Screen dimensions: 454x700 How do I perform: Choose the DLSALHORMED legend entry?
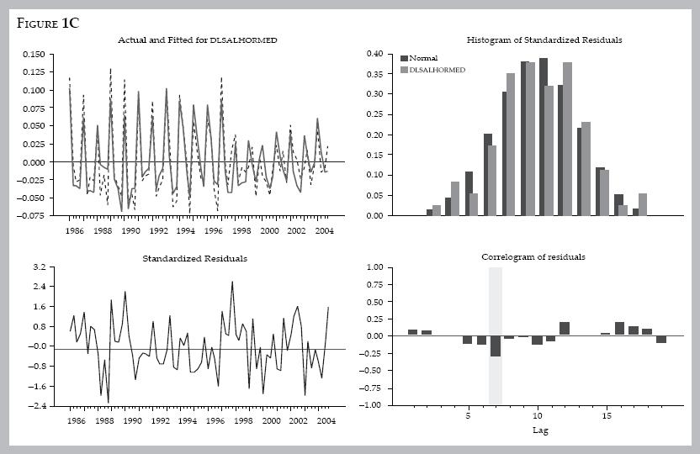coord(437,70)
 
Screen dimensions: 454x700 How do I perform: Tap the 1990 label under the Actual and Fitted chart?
coord(130,230)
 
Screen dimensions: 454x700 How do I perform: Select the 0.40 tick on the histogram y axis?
coord(375,55)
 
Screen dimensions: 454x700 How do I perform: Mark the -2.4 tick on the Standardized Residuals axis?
coord(36,406)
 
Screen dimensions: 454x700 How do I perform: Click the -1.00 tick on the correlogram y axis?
coord(373,405)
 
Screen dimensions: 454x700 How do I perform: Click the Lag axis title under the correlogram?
coord(540,430)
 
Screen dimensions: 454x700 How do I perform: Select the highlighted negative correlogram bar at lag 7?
coord(496,346)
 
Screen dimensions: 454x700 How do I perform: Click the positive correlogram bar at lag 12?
coord(565,329)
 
